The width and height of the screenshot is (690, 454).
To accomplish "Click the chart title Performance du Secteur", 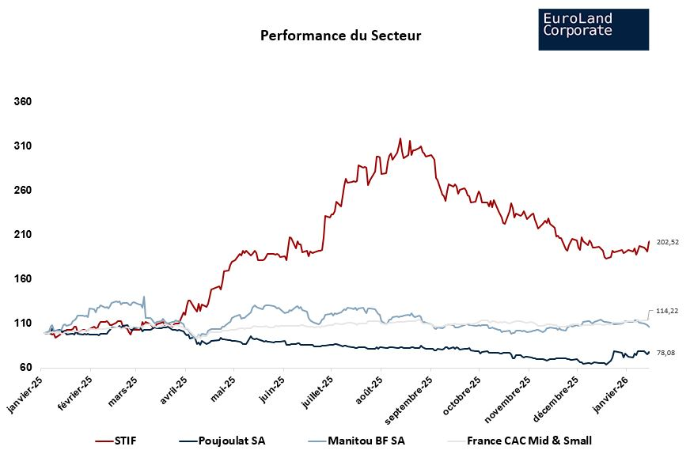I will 341,36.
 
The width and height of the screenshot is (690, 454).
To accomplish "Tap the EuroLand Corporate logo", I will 593,29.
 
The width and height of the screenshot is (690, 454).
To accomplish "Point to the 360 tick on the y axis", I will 22,102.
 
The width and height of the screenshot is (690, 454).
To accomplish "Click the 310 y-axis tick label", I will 22,146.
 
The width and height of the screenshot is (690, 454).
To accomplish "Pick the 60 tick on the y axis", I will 25,368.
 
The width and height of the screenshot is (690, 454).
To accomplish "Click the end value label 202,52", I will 668,242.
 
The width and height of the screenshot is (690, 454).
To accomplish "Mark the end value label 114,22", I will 668,312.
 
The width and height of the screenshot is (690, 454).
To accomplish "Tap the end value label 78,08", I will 665,353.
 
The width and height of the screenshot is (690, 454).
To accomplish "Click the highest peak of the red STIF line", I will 400,138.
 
